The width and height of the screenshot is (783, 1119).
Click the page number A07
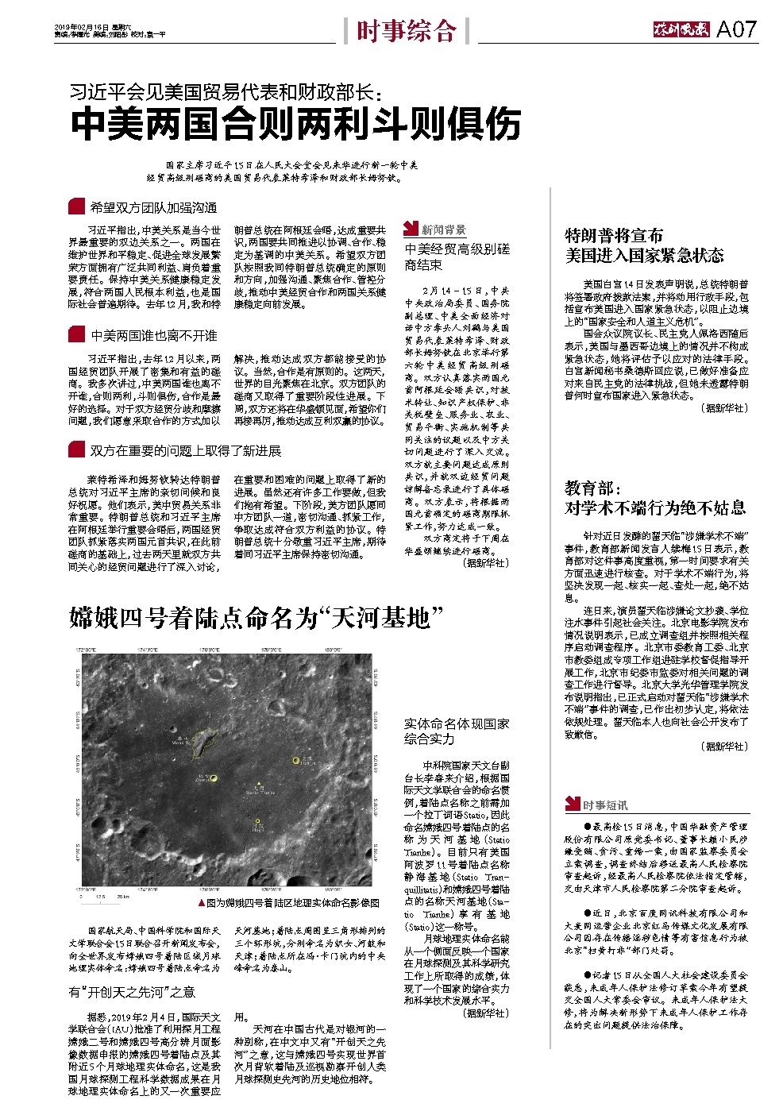click(738, 30)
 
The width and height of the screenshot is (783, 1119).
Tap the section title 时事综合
click(406, 31)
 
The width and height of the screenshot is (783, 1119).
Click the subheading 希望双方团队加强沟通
click(153, 208)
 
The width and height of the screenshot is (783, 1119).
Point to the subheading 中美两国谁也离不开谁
click(153, 335)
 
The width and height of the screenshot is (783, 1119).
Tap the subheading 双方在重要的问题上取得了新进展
click(185, 450)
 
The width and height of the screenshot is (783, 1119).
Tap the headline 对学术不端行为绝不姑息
click(655, 507)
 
